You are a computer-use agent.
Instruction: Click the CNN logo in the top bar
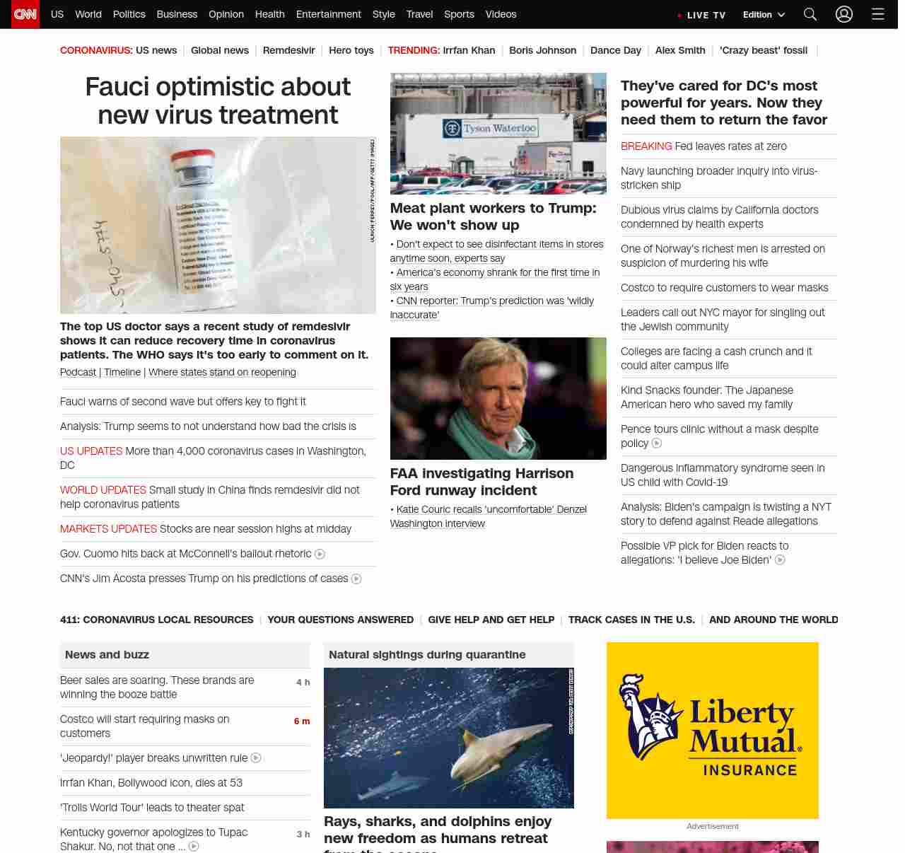pos(25,14)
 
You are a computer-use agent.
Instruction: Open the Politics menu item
pos(129,14)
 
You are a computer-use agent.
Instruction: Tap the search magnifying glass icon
pos(810,14)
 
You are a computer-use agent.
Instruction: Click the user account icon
pos(843,14)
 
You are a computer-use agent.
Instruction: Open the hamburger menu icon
pos(877,14)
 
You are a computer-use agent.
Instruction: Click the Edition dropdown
pos(764,14)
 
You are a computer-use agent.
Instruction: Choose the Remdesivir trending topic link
pos(288,50)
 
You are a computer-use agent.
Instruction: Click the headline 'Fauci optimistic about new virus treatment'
pos(218,100)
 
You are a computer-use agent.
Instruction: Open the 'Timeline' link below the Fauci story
pos(122,372)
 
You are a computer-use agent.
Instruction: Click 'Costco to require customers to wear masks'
pos(724,288)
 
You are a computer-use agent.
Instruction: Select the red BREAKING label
pos(646,146)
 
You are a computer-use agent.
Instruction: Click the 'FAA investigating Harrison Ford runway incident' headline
pos(481,482)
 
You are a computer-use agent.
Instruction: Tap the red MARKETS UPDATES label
pos(108,529)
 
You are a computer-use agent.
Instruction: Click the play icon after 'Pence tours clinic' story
pos(657,443)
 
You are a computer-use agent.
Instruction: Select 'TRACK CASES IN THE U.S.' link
pos(631,620)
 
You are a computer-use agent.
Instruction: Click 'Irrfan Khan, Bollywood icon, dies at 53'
pos(151,783)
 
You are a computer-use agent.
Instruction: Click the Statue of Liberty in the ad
pos(647,714)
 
